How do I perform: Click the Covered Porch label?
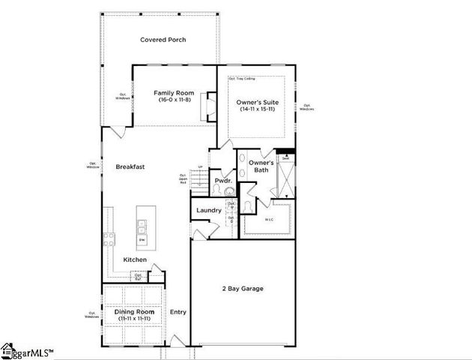tap(163, 40)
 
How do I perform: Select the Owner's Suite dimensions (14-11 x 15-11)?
tap(256, 109)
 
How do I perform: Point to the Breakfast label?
tap(130, 166)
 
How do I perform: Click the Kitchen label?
tap(135, 259)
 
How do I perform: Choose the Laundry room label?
tap(208, 211)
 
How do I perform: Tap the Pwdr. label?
tap(222, 181)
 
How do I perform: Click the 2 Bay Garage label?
tap(242, 289)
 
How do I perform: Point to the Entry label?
tap(178, 312)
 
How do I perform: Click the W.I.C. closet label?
tap(269, 220)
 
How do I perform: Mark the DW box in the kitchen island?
tap(142, 240)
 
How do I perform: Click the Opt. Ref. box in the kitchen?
tap(139, 276)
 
